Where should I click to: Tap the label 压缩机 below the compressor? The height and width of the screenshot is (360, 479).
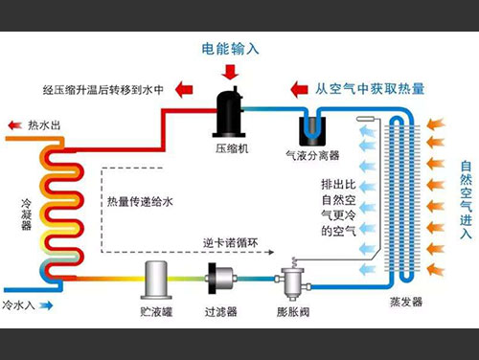[231, 147]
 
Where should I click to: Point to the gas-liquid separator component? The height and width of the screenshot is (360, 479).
[312, 123]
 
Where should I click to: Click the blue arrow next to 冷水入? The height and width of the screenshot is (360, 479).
[44, 305]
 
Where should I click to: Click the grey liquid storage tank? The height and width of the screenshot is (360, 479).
[157, 279]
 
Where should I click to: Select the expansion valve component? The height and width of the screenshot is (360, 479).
[285, 281]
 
